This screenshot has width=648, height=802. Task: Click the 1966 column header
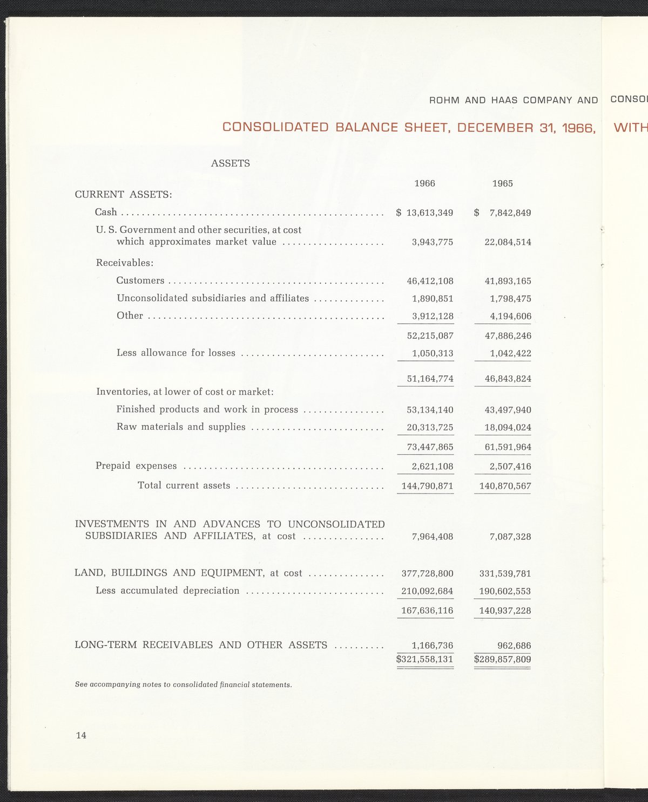click(424, 183)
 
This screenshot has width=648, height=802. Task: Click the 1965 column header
click(502, 183)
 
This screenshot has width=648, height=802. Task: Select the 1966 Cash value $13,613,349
click(425, 213)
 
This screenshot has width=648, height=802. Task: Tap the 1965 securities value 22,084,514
click(508, 242)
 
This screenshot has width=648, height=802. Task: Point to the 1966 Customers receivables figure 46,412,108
click(430, 281)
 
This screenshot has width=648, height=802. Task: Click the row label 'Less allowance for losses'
click(176, 353)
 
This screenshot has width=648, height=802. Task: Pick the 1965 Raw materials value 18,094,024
click(508, 428)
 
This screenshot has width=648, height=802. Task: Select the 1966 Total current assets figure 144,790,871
click(427, 486)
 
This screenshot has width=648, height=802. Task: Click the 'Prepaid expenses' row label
click(136, 465)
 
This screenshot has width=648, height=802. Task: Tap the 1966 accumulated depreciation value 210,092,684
click(427, 591)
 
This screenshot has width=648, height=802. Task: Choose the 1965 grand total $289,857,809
click(502, 659)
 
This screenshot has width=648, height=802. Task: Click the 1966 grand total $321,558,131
click(424, 659)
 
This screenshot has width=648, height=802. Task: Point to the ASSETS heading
click(230, 163)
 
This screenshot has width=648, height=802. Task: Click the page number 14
click(81, 735)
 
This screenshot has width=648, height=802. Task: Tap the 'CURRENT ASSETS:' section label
click(123, 194)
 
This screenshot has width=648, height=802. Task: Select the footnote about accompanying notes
click(183, 684)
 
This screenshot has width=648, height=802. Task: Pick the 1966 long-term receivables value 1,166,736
click(432, 646)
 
